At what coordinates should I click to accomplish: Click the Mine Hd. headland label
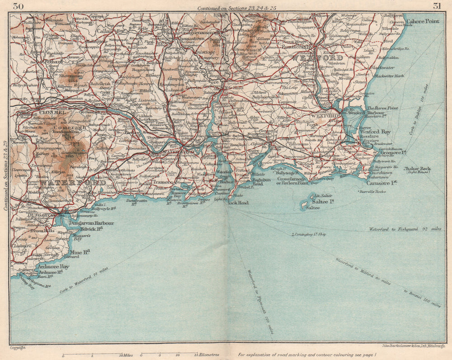click(x=80, y=251)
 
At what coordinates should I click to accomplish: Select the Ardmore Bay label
click(x=54, y=267)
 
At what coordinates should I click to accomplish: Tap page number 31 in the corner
click(x=437, y=6)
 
